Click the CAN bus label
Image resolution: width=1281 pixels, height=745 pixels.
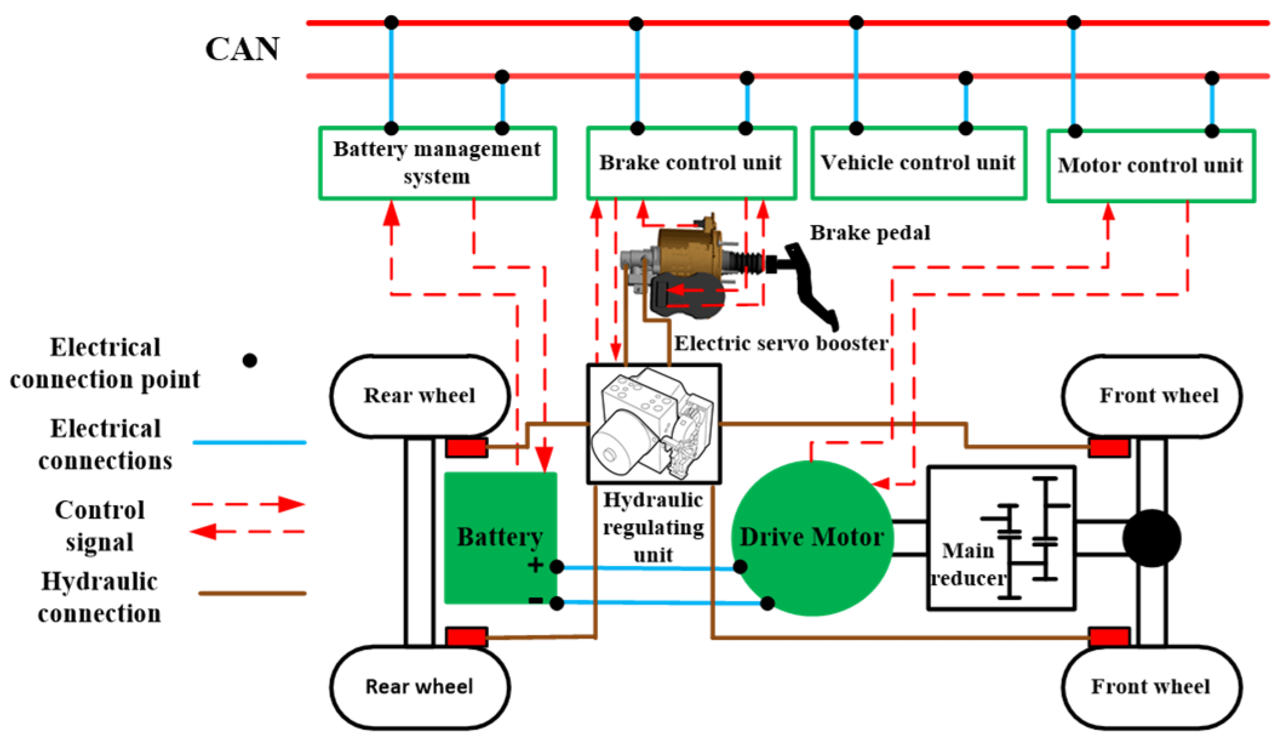click(242, 49)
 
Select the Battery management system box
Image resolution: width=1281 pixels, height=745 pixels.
click(437, 162)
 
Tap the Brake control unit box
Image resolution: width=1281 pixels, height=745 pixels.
click(690, 162)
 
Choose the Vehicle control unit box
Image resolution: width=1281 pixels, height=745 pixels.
click(918, 162)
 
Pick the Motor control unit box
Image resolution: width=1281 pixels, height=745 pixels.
click(1150, 165)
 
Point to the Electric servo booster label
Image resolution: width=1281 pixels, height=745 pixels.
click(781, 344)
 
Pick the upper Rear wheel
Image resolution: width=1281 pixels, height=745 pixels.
click(419, 395)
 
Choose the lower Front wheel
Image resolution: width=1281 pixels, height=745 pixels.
click(1151, 686)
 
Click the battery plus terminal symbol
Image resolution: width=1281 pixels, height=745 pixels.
click(535, 565)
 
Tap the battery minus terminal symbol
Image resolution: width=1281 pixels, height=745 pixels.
click(535, 601)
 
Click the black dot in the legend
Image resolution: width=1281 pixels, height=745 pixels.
click(250, 361)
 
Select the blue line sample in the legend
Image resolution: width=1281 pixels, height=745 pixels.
click(249, 443)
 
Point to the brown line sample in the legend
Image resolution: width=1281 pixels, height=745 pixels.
click(252, 593)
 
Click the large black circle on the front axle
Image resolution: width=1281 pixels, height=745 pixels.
click(1151, 538)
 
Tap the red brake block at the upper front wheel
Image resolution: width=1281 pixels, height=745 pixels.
click(1108, 448)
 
